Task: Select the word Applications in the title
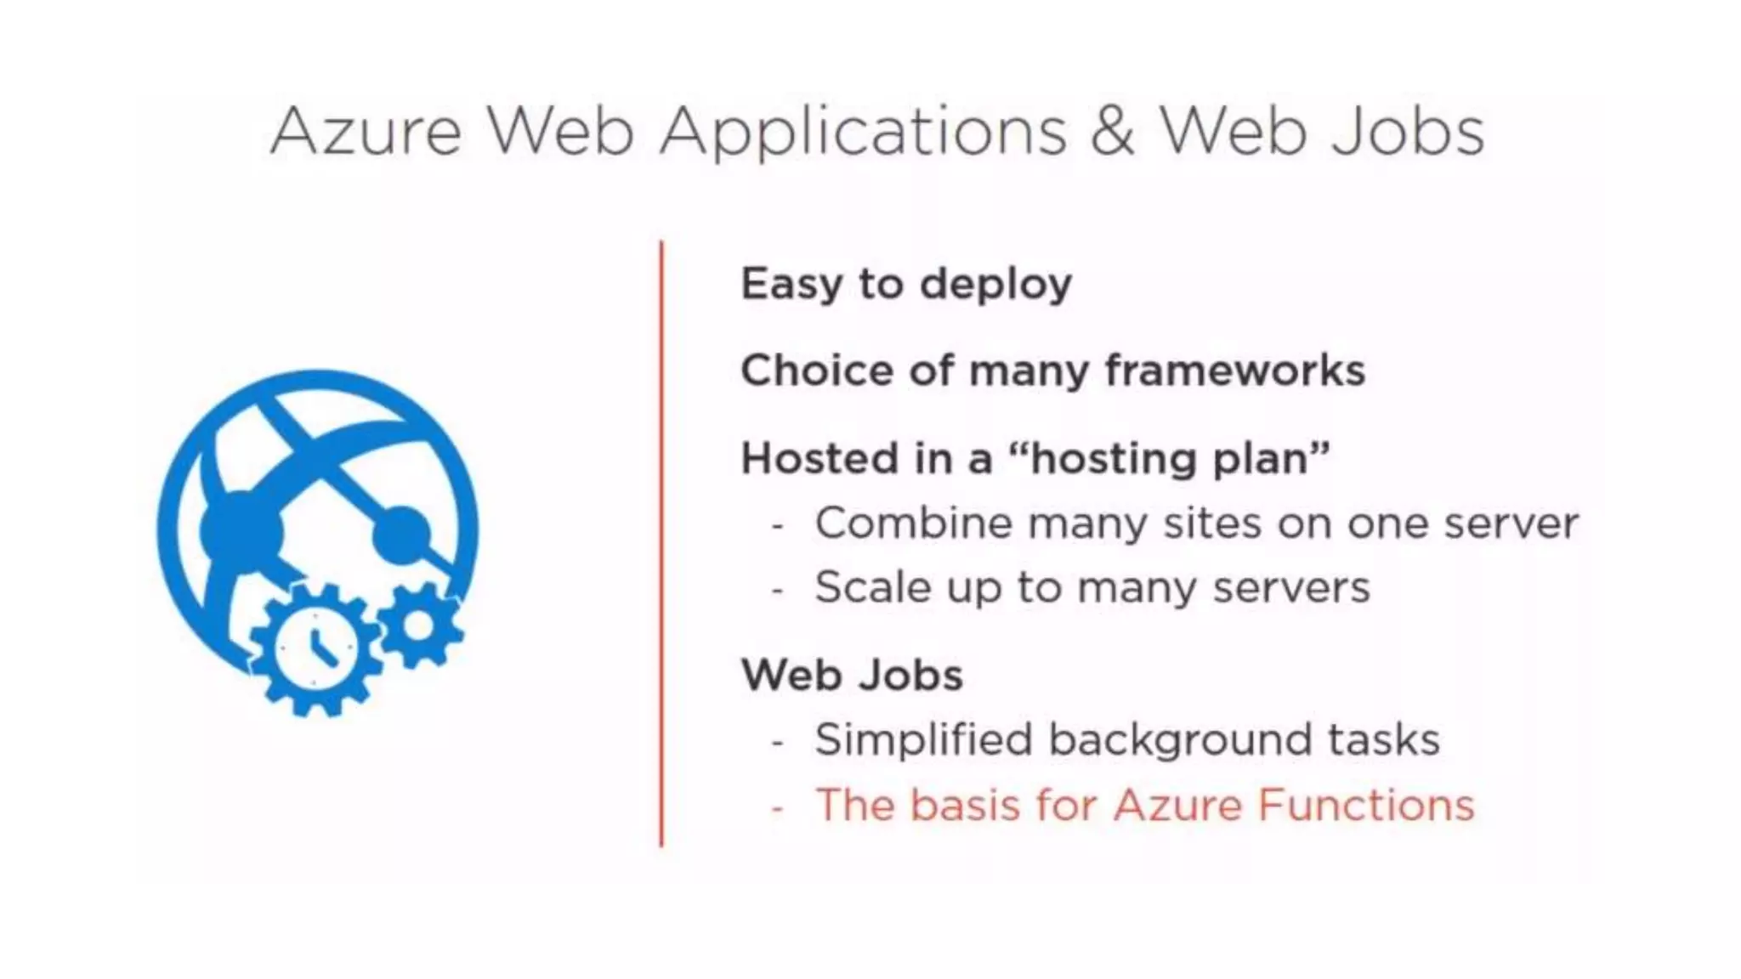pyautogui.click(x=863, y=134)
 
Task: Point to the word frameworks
pyautogui.click(x=1234, y=371)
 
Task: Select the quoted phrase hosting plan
pyautogui.click(x=1169, y=460)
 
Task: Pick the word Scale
pyautogui.click(x=872, y=587)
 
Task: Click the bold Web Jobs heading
pyautogui.click(x=852, y=676)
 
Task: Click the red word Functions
pyautogui.click(x=1365, y=805)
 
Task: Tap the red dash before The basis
pyautogui.click(x=777, y=807)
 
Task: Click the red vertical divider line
pyautogui.click(x=661, y=544)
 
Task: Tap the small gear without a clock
pyautogui.click(x=420, y=625)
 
